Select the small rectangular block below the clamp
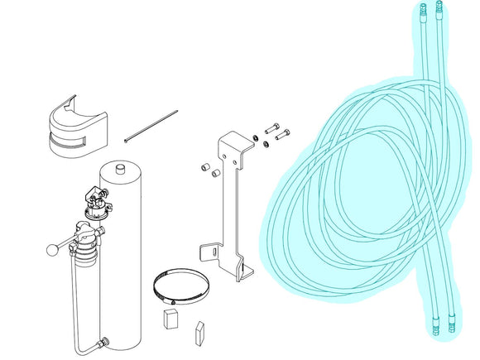[170, 319]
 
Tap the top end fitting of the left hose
[420, 12]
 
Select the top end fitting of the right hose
[439, 10]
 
